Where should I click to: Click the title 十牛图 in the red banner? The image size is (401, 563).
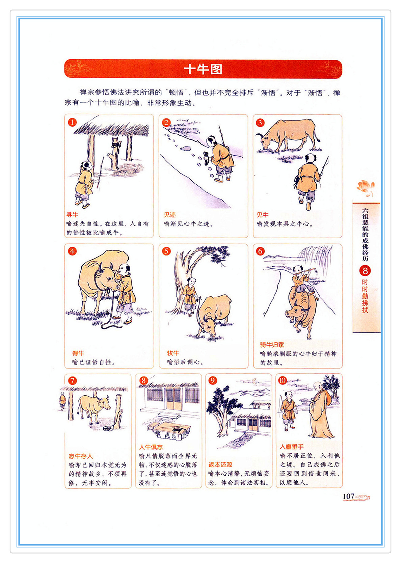pyautogui.click(x=203, y=69)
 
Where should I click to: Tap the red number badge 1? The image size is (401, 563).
pyautogui.click(x=72, y=123)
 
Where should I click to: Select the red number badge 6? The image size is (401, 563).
pyautogui.click(x=260, y=251)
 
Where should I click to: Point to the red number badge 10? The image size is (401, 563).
pyautogui.click(x=283, y=380)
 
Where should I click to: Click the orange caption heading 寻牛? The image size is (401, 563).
pyautogui.click(x=72, y=215)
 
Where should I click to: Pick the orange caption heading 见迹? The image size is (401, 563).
pyautogui.click(x=170, y=215)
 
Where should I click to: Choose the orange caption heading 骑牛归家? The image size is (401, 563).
pyautogui.click(x=272, y=345)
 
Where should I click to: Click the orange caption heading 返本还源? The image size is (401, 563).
pyautogui.click(x=220, y=465)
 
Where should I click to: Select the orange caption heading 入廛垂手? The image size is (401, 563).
pyautogui.click(x=292, y=447)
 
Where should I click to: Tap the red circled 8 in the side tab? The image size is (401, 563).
pyautogui.click(x=365, y=271)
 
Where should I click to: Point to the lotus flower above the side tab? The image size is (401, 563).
pyautogui.click(x=366, y=187)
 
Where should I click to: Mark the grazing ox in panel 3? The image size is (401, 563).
pyautogui.click(x=288, y=135)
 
